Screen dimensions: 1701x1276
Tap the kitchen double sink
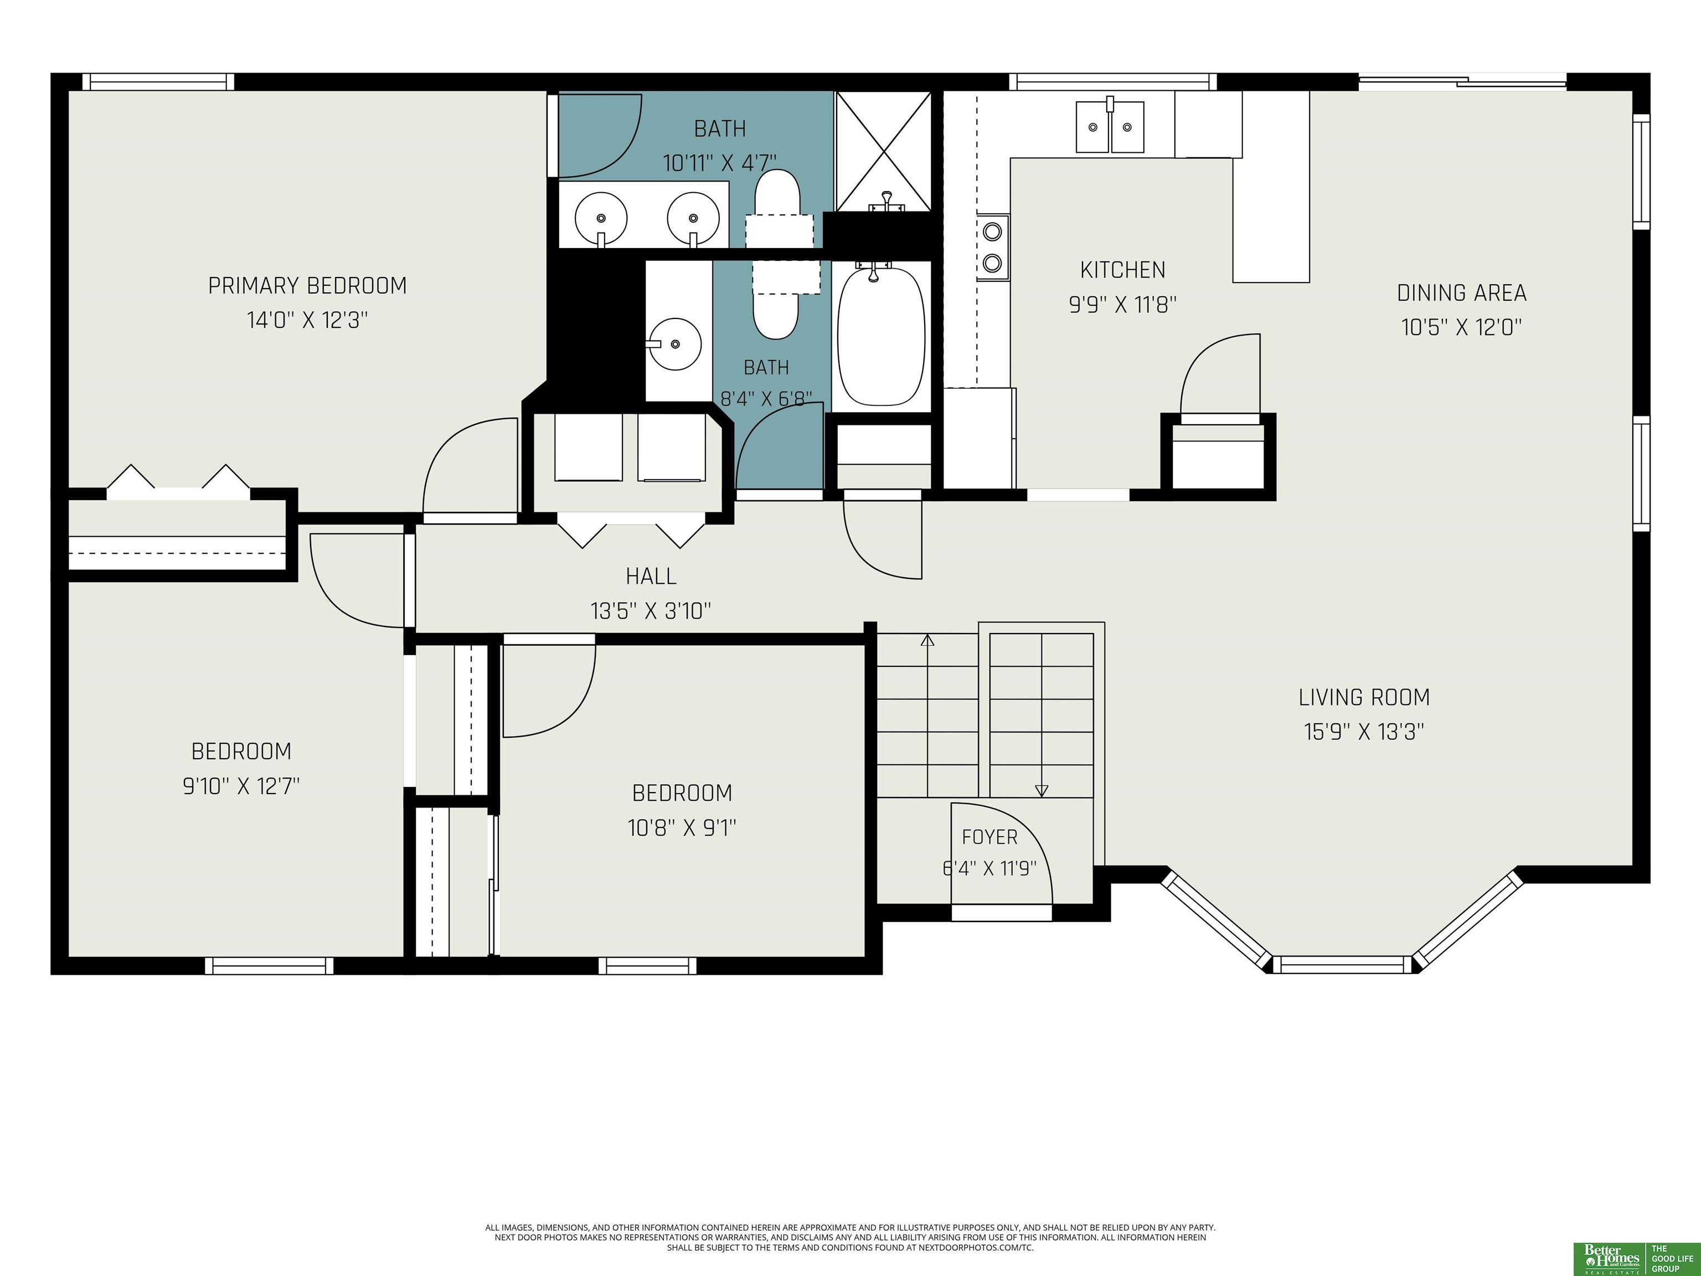[1110, 127]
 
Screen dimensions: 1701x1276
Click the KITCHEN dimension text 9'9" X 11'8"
[1123, 305]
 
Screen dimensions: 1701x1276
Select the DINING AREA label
[1462, 293]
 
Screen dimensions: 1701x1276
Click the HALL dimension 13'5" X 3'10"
[651, 611]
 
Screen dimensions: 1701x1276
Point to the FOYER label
[989, 837]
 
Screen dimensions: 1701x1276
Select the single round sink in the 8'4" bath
[674, 344]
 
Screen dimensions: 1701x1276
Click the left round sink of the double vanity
[601, 218]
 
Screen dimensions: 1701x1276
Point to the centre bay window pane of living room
[1343, 965]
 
